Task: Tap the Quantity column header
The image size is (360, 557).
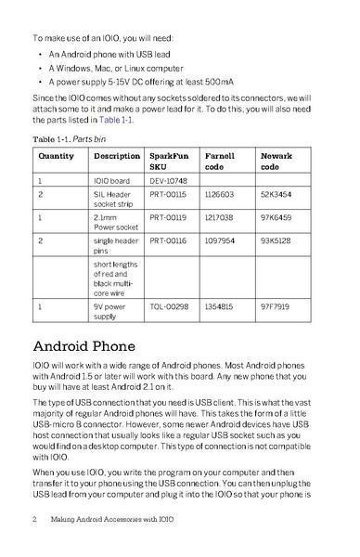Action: (57, 155)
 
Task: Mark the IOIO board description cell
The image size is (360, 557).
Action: (114, 181)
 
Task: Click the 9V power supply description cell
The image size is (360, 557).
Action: (114, 309)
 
